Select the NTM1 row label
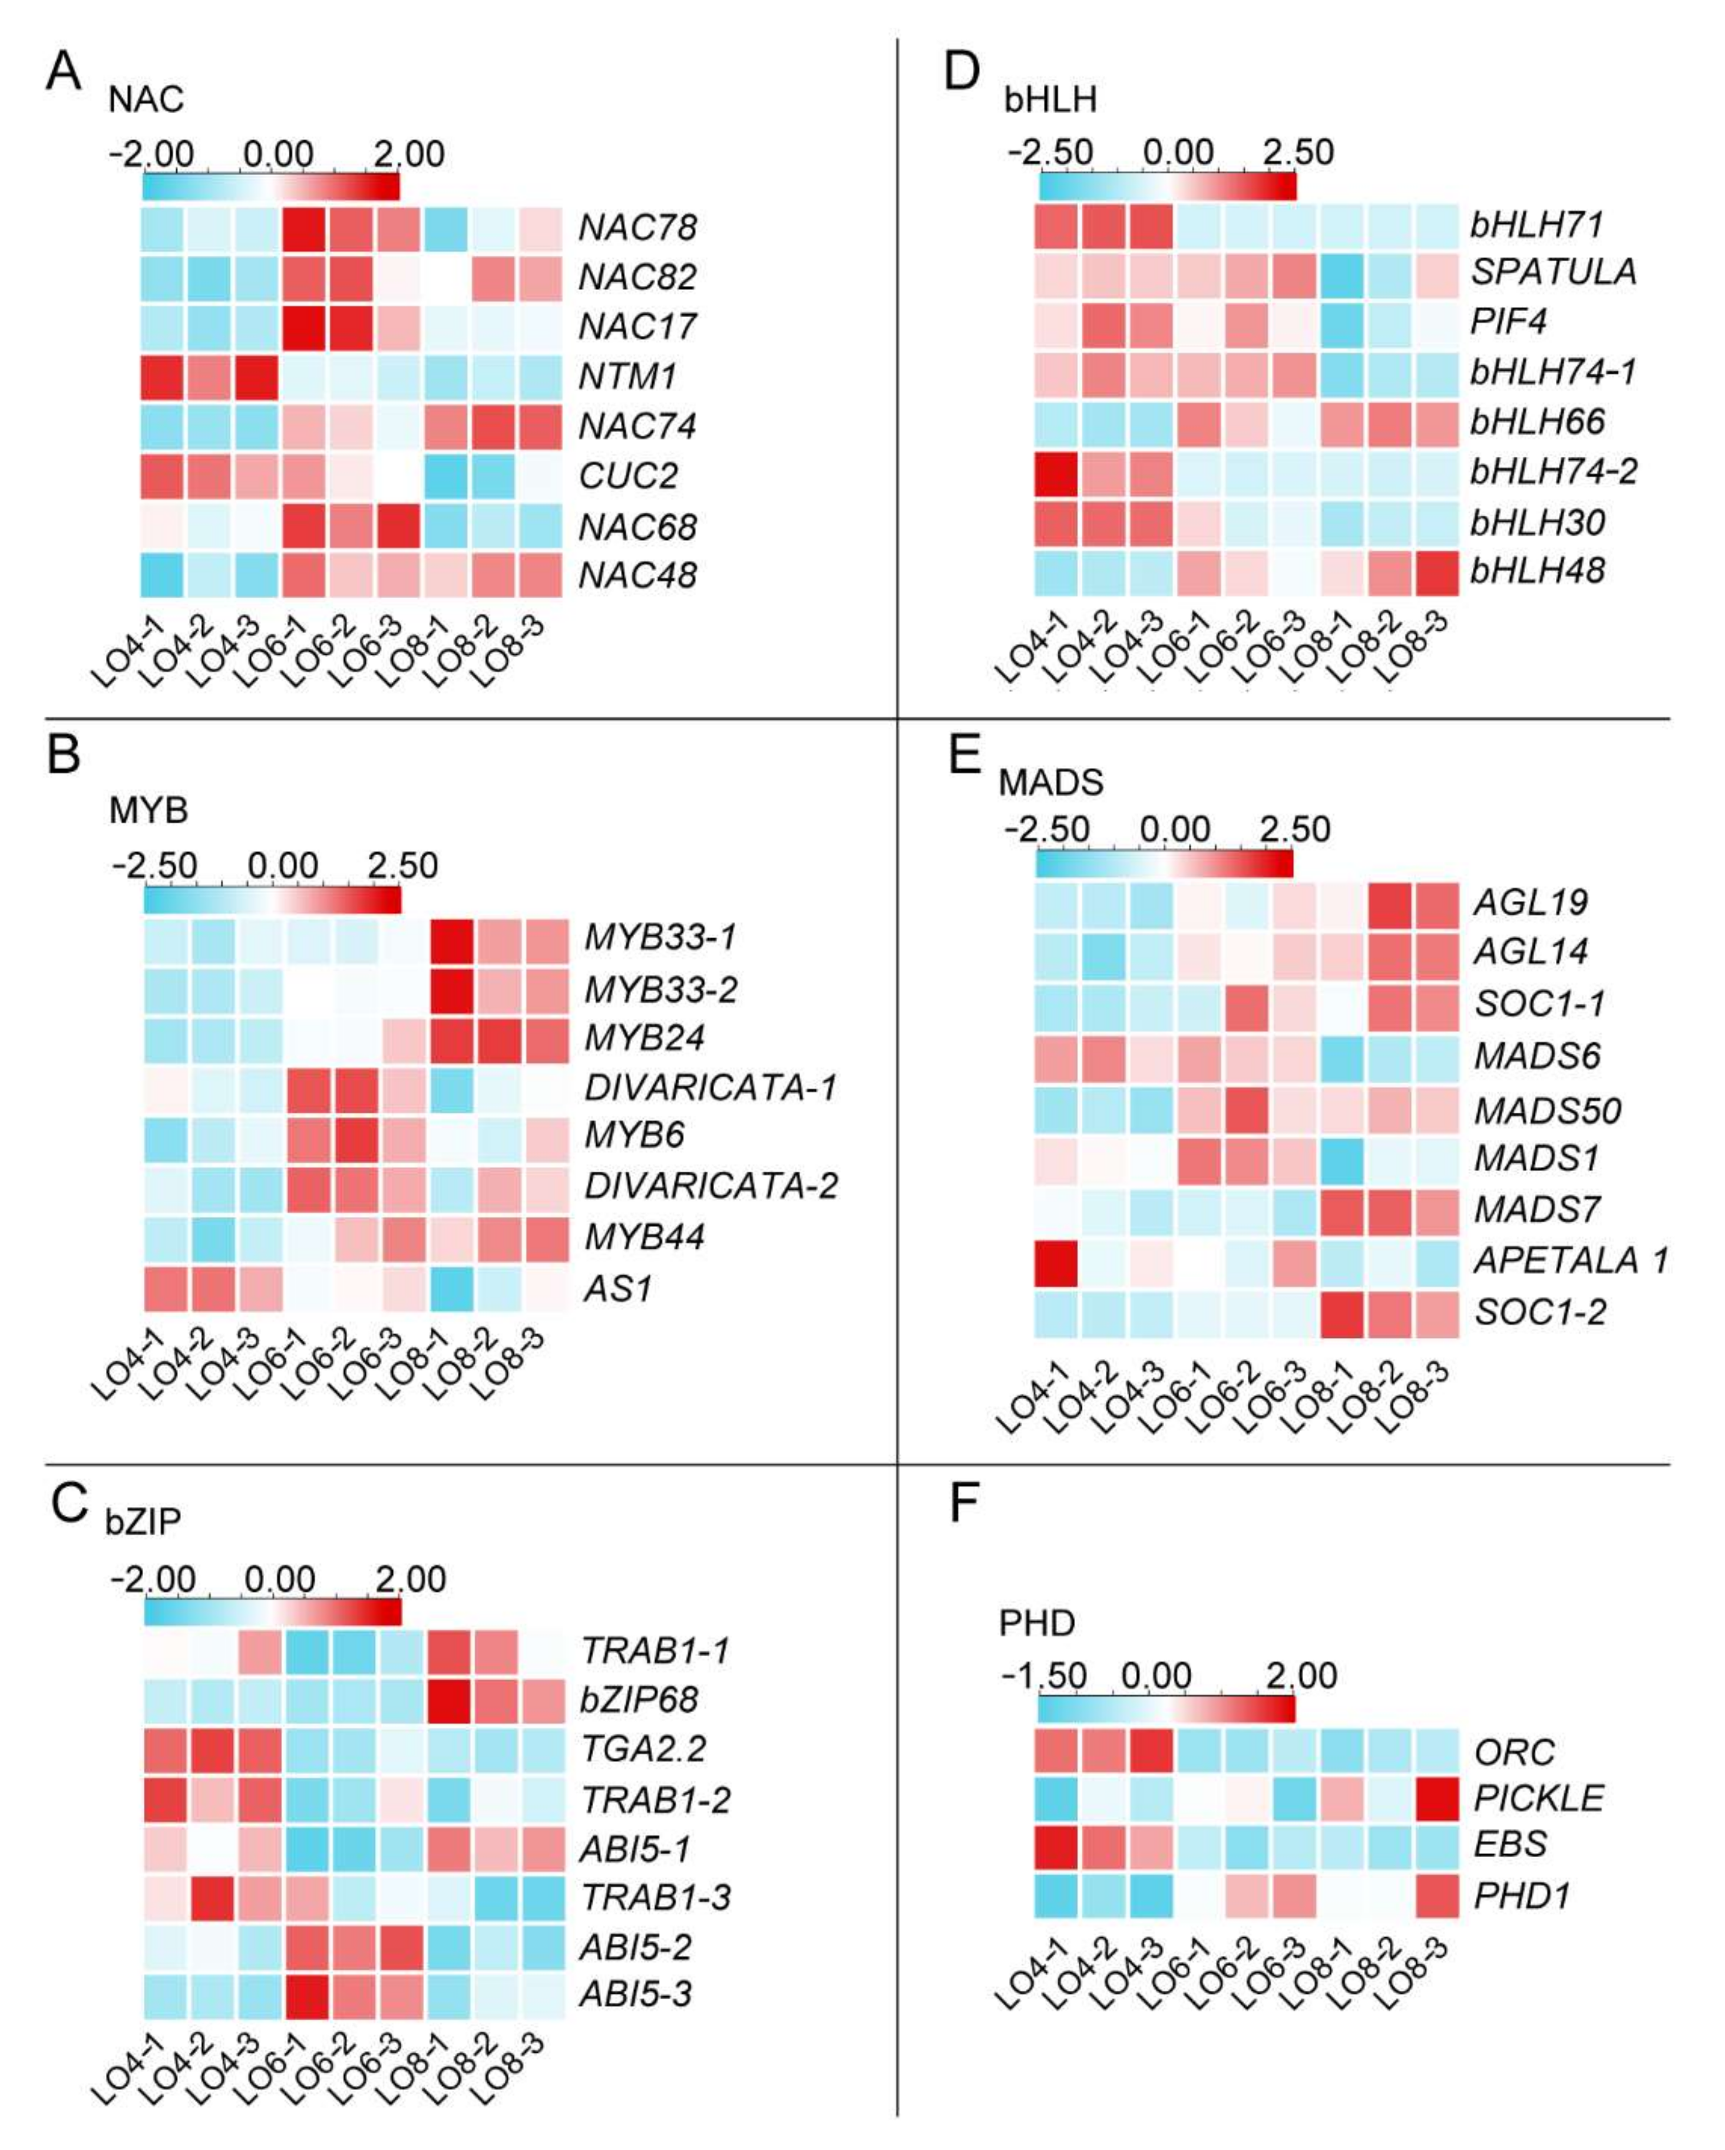[x=627, y=377]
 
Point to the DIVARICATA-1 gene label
[x=710, y=1087]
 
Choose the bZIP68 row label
[x=639, y=1699]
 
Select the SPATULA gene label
[x=1552, y=271]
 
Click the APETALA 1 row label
[x=1571, y=1261]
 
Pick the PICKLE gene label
[x=1539, y=1798]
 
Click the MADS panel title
[x=1051, y=783]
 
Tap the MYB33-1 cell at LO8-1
[x=451, y=938]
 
